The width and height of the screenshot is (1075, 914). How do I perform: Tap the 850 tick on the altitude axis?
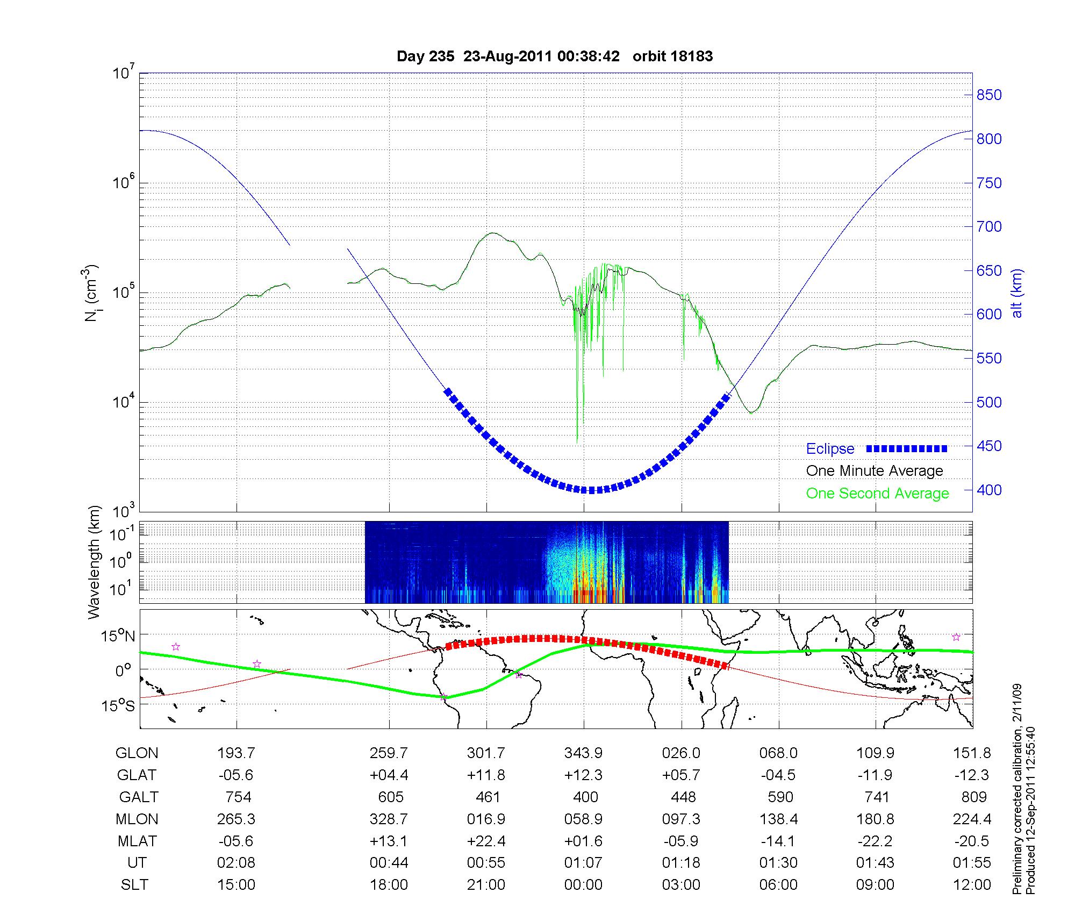point(989,95)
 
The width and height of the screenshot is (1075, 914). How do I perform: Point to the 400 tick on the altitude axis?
point(989,490)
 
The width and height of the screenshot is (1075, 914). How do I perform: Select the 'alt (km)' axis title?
point(1017,293)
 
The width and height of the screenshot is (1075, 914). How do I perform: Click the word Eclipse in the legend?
point(830,449)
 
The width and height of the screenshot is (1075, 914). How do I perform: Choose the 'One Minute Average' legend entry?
point(875,471)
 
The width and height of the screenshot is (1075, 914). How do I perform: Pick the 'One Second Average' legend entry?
point(877,494)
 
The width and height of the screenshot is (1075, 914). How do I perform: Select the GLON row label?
point(137,753)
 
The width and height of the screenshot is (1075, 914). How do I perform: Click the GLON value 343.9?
point(583,753)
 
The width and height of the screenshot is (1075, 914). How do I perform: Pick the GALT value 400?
point(585,797)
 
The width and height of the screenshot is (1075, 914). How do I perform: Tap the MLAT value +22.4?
point(486,841)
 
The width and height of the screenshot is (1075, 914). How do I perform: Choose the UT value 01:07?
point(583,863)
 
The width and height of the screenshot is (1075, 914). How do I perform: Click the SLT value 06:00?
point(778,885)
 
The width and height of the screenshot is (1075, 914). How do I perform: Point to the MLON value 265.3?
point(236,819)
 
